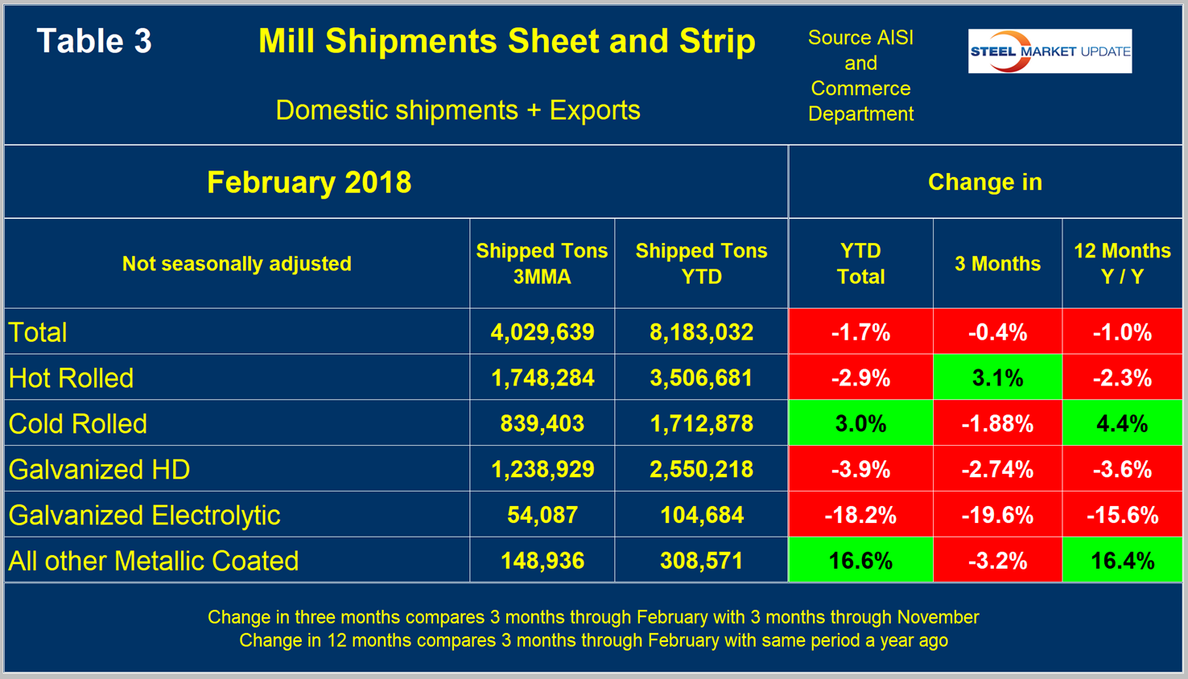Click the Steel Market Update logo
[x=1050, y=51]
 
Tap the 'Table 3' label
[x=94, y=42]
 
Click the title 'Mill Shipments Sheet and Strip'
[x=506, y=42]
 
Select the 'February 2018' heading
[x=309, y=183]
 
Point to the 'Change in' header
[x=984, y=183]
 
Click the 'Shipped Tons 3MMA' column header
[x=542, y=264]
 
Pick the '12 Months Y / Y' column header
[x=1122, y=264]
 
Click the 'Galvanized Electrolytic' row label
[x=144, y=515]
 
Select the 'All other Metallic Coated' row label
[x=153, y=561]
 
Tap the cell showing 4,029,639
[x=542, y=332]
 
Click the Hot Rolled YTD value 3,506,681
[x=701, y=378]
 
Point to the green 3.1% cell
[x=997, y=378]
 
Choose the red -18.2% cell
[x=860, y=515]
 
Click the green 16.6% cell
[x=860, y=561]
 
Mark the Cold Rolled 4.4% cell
[x=1122, y=424]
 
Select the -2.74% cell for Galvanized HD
[x=997, y=470]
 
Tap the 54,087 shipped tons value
[x=542, y=515]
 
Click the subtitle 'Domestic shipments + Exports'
[x=457, y=110]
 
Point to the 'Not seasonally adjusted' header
[x=237, y=264]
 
